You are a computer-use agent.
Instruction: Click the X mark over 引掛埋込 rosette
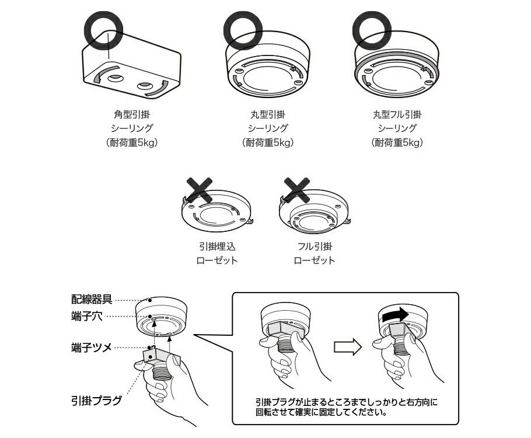click(200, 190)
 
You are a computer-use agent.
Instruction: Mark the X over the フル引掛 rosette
click(297, 190)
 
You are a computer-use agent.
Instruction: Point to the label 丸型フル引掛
click(397, 114)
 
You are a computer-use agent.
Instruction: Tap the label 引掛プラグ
click(96, 401)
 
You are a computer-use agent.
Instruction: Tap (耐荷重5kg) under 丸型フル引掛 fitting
click(397, 142)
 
